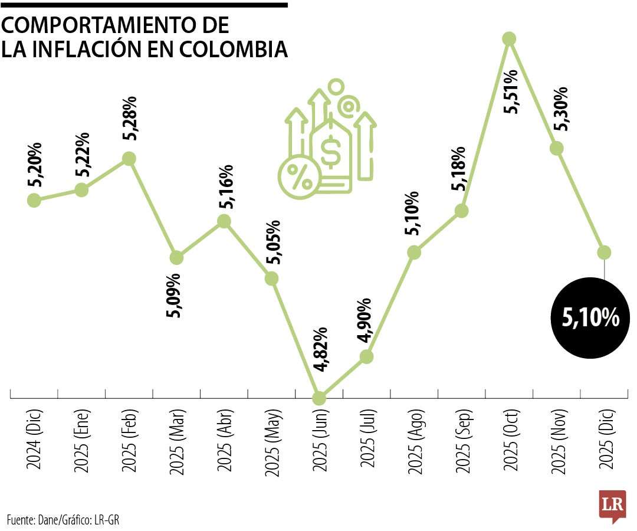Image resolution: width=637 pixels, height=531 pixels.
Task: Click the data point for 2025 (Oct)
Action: [x=509, y=39]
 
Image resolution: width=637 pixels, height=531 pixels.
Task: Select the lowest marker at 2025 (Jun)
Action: [x=318, y=398]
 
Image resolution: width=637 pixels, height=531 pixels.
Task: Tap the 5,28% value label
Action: [x=129, y=118]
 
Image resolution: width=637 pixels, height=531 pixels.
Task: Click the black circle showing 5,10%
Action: [x=590, y=319]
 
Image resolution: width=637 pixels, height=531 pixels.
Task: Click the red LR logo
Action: [x=612, y=505]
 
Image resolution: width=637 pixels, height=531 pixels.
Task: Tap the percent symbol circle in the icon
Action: [x=299, y=176]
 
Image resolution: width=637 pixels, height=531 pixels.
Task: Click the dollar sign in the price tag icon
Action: [x=330, y=151]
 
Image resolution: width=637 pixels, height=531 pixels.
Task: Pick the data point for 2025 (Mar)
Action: [x=176, y=258]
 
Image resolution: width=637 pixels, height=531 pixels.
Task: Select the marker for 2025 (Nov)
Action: [x=556, y=148]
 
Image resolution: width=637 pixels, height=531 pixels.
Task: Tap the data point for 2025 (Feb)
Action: [x=129, y=159]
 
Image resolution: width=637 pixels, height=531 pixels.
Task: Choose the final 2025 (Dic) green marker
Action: [x=604, y=252]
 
